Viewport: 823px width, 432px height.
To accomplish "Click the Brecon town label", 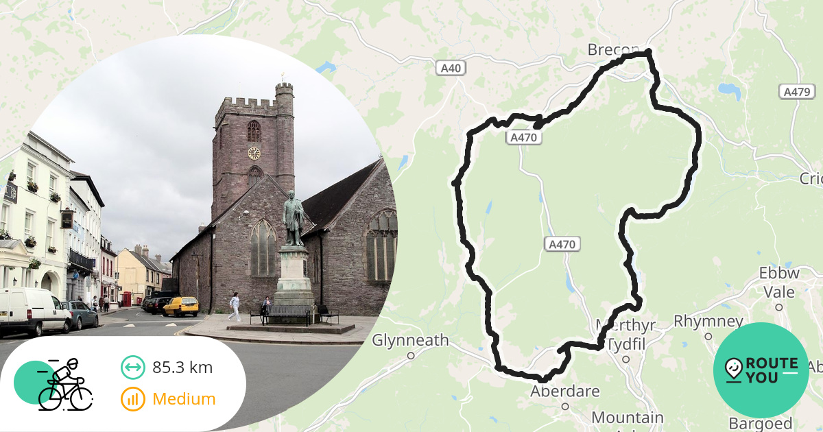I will click(x=612, y=50).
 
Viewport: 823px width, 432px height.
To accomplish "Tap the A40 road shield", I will click(x=450, y=68).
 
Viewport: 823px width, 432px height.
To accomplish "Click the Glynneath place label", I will click(x=410, y=340).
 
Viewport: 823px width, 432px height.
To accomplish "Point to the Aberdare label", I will click(x=565, y=392).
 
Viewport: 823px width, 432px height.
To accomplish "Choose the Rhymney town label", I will click(x=708, y=322).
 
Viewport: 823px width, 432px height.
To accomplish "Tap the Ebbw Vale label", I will click(x=779, y=283).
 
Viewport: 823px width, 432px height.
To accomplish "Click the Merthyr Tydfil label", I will click(x=625, y=333).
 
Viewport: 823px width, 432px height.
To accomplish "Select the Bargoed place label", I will click(x=761, y=423).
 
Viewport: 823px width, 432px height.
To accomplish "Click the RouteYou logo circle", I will click(x=761, y=370).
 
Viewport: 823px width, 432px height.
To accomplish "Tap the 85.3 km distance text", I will click(x=182, y=368).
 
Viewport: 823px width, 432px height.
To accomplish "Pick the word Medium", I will click(x=184, y=398).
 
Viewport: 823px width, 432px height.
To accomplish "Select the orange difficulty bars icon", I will click(x=133, y=398).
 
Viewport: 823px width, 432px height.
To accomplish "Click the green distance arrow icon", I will click(x=133, y=368).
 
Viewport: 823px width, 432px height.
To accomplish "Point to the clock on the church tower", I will click(x=254, y=153).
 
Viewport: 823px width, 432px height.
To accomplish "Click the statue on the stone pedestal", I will click(x=294, y=218).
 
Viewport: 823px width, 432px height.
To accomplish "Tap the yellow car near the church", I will click(x=181, y=306).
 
